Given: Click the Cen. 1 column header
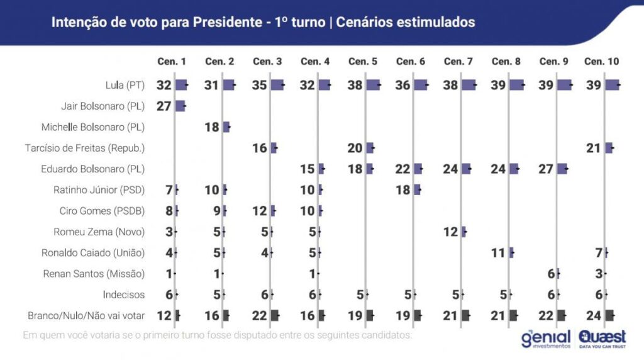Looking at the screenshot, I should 171,62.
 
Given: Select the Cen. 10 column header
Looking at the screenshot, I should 601,62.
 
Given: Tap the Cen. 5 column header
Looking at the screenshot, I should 363,62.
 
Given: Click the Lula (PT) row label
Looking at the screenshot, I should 125,85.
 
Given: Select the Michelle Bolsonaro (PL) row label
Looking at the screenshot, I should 93,127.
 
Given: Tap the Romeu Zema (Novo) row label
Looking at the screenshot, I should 101,232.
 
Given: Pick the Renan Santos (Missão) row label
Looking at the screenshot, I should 94,274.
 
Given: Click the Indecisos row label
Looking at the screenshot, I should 124,295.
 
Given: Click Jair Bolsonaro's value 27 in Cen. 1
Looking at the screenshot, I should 164,106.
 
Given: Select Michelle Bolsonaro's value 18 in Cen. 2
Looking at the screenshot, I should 211,127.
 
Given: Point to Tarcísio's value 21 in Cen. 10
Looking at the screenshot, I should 594,148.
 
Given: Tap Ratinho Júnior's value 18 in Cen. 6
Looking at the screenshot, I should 403,189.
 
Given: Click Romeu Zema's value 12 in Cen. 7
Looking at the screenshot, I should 451,232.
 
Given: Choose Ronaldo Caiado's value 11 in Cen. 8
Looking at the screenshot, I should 499,252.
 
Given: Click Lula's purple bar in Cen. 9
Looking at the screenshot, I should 564,85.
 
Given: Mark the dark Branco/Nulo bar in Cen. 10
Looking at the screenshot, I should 609,315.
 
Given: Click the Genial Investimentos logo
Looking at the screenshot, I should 545,339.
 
